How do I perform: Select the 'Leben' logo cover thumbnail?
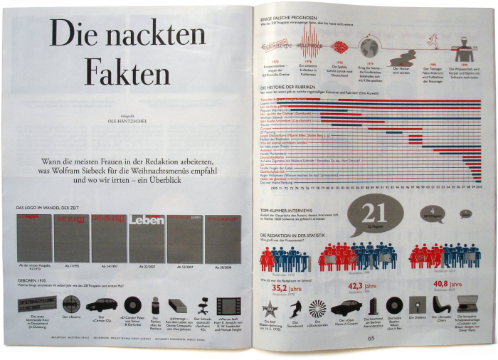pos(147,237)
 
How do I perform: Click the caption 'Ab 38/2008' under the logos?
pos(221,268)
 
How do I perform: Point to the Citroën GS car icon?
pos(101,305)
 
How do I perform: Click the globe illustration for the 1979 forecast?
pos(369,48)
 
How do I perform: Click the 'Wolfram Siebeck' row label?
pos(277,117)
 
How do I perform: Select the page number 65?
pos(371,339)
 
